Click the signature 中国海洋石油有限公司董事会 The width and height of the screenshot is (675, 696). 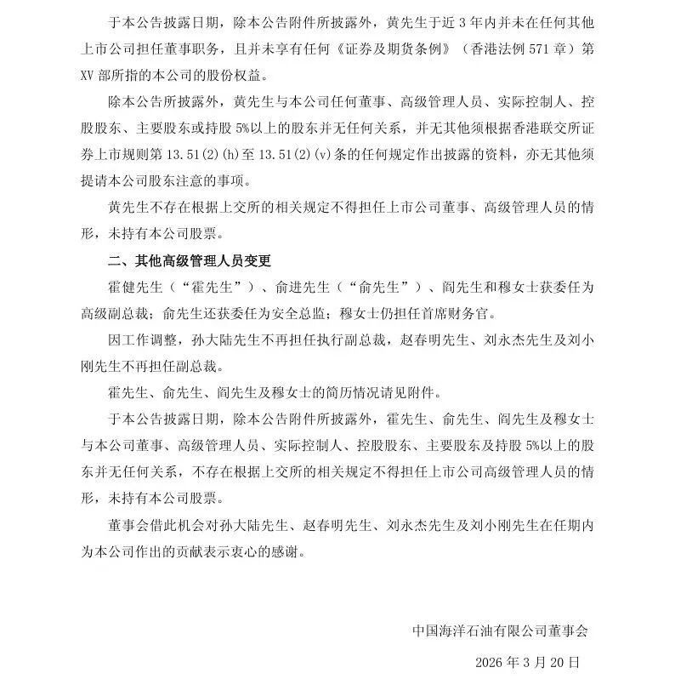coord(500,630)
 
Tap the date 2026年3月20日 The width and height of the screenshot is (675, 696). coord(527,660)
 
